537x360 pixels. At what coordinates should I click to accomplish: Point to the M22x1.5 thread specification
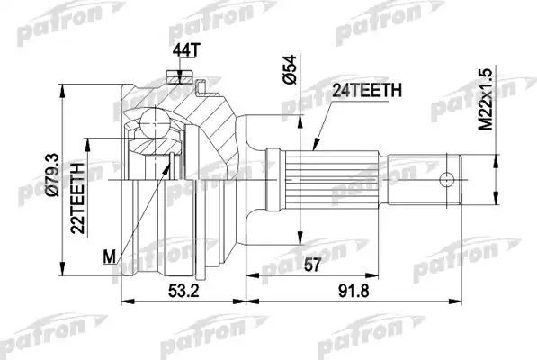487,95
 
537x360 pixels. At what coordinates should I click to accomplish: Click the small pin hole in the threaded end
443,178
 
